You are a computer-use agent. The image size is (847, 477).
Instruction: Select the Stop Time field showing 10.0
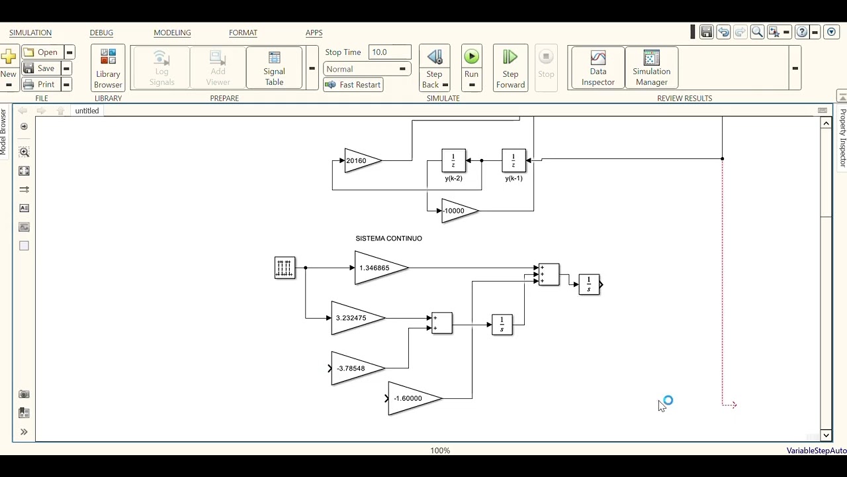pos(390,52)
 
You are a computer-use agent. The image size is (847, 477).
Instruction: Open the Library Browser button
pos(108,68)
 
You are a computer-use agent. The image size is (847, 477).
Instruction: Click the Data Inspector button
pos(598,68)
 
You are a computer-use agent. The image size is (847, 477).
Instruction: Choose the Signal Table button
pos(274,68)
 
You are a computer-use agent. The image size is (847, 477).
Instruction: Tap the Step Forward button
pos(510,68)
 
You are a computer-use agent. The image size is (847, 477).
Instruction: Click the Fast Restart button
pos(353,85)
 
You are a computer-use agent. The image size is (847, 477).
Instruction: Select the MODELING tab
pos(172,33)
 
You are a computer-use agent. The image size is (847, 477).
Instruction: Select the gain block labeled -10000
pos(460,211)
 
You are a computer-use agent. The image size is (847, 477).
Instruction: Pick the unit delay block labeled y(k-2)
pos(454,160)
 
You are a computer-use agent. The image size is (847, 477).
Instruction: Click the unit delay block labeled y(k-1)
pos(514,160)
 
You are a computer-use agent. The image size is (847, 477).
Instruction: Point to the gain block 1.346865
pos(381,268)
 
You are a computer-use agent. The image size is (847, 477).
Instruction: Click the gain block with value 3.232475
pos(358,318)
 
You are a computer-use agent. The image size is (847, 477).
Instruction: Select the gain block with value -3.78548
pos(358,368)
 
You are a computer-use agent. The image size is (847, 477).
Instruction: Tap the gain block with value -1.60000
pos(415,398)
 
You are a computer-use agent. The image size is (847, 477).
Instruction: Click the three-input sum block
pos(549,274)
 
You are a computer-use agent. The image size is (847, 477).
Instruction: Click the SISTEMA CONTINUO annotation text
pos(388,238)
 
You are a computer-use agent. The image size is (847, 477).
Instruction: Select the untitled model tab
pos(87,111)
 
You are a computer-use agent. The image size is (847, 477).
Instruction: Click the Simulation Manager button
pos(652,68)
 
